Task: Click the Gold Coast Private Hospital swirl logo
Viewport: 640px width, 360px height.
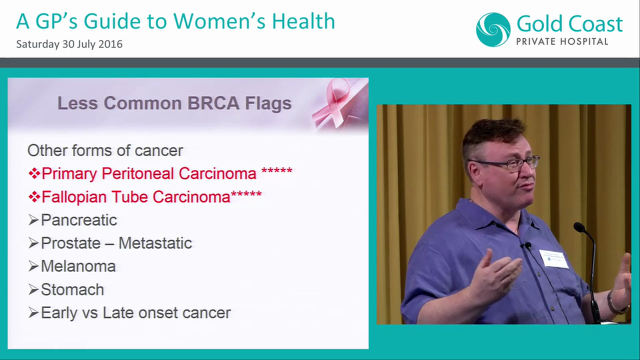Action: click(493, 29)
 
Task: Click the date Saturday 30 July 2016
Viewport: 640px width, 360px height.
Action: click(69, 44)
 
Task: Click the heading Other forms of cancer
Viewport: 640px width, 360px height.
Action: click(105, 150)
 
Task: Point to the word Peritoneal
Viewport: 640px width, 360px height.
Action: click(138, 173)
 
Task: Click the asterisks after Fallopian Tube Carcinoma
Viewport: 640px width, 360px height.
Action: click(246, 194)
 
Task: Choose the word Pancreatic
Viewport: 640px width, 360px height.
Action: click(78, 220)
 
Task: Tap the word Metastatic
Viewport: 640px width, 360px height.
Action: click(155, 243)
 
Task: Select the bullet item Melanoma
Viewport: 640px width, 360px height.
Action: click(78, 266)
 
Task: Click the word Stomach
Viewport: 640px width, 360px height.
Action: click(72, 289)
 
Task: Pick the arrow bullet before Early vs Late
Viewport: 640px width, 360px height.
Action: click(33, 313)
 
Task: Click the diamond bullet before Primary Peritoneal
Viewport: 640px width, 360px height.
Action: click(34, 173)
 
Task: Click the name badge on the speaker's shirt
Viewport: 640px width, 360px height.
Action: click(554, 258)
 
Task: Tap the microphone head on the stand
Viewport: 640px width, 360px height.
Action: click(579, 227)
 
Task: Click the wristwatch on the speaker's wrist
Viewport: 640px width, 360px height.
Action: click(612, 303)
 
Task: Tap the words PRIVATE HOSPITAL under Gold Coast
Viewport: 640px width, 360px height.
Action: click(562, 41)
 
